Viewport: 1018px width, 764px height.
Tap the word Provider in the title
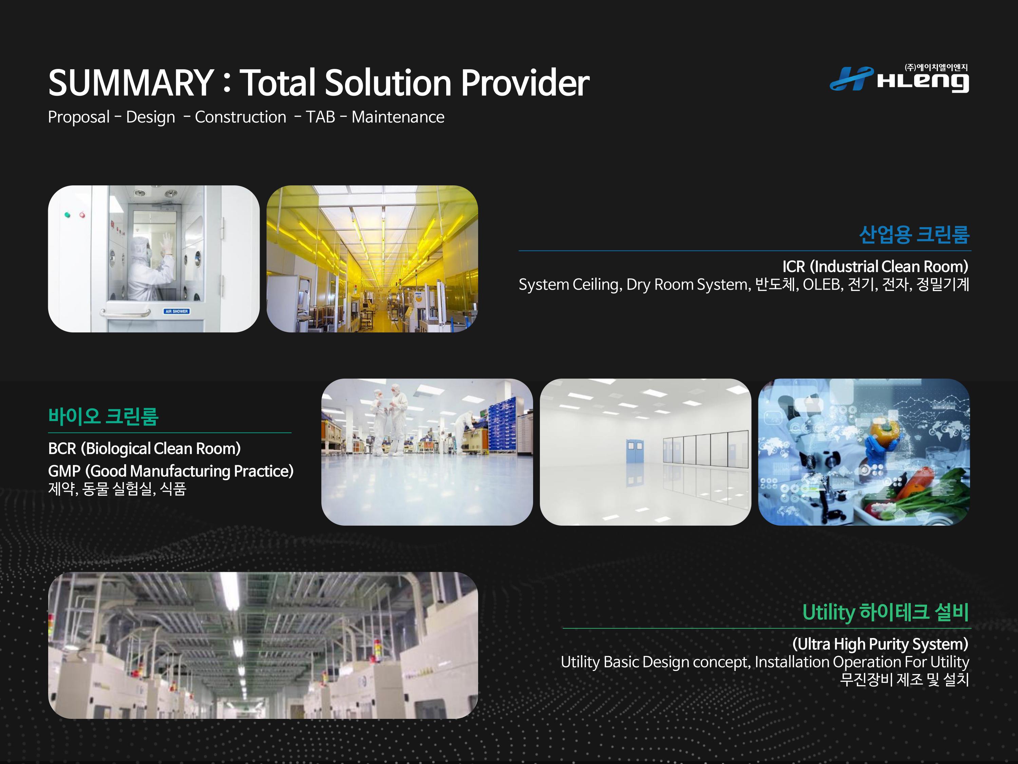click(525, 83)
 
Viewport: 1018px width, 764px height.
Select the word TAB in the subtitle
click(320, 117)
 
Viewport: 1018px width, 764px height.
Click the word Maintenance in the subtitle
click(398, 117)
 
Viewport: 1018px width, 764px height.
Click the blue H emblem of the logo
click(851, 78)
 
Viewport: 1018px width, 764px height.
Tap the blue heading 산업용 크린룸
click(915, 234)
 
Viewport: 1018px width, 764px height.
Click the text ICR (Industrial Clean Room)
click(875, 267)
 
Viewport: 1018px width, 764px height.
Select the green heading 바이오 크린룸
click(103, 416)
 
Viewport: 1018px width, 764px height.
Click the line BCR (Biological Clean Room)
click(145, 449)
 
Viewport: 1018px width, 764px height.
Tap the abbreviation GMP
click(64, 471)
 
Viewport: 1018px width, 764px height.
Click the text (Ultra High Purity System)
click(880, 644)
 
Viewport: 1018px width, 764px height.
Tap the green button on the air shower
click(68, 215)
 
